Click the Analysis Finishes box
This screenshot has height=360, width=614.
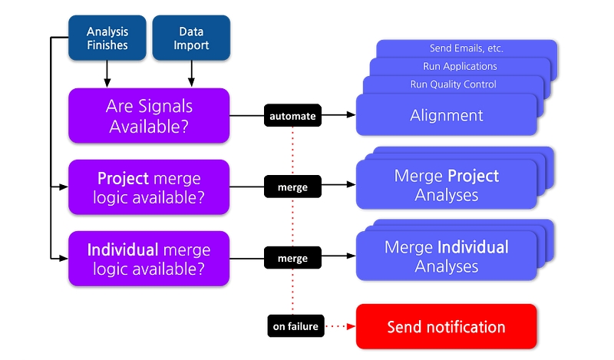(107, 38)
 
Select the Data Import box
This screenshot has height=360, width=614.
(191, 38)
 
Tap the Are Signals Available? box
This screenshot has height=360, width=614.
(149, 116)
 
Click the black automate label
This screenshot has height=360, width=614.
(292, 116)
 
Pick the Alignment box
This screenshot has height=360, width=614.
(447, 115)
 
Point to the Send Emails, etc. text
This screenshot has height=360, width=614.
(467, 48)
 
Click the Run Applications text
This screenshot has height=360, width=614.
(460, 66)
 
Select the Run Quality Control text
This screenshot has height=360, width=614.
(453, 84)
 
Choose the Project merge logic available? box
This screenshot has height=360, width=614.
(149, 187)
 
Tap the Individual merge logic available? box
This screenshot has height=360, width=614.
(149, 259)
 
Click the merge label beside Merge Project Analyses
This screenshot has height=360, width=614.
(292, 187)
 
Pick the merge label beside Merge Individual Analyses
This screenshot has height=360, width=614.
(292, 258)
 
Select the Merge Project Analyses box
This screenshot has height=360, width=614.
(447, 184)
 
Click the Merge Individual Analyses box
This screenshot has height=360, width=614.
(447, 256)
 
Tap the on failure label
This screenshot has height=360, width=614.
(295, 326)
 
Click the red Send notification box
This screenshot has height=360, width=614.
(447, 326)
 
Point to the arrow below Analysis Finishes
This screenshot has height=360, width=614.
(107, 74)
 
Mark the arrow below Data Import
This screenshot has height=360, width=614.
(191, 74)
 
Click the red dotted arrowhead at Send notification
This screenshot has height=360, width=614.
(352, 326)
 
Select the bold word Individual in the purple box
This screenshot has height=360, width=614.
(123, 249)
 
